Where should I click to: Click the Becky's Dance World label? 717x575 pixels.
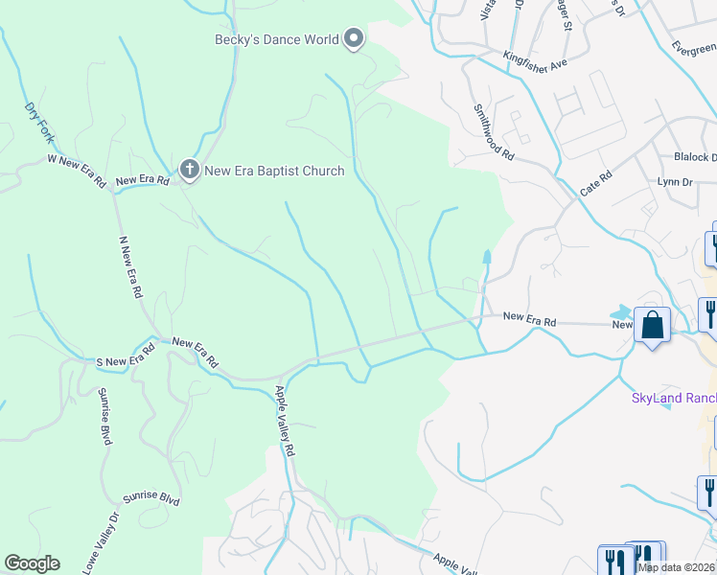[x=276, y=39]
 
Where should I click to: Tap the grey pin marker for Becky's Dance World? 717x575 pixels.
[x=354, y=39]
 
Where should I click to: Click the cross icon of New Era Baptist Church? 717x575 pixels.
[x=189, y=171]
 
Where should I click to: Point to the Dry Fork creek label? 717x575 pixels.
[x=37, y=123]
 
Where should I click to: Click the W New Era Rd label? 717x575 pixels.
[x=76, y=171]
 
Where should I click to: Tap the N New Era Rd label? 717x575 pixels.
[x=130, y=265]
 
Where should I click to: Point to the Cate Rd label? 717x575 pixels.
[x=595, y=185]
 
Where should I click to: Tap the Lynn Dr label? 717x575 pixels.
[x=674, y=181]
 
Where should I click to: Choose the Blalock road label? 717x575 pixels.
[x=695, y=157]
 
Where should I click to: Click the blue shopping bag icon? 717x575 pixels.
[x=653, y=325]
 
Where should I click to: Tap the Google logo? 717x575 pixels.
[x=32, y=563]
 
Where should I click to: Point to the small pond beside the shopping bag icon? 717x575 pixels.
[x=623, y=312]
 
